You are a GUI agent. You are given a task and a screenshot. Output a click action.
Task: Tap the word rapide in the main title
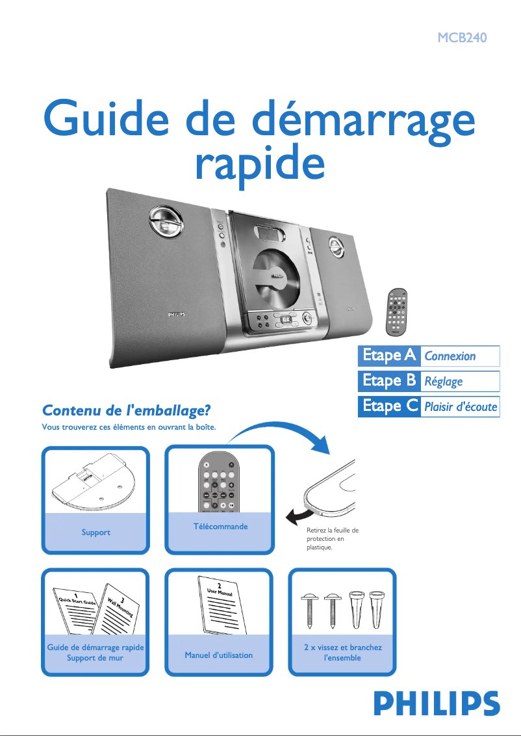tap(259, 164)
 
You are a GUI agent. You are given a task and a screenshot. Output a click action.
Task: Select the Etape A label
tap(388, 356)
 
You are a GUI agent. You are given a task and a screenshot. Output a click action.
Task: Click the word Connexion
tap(450, 356)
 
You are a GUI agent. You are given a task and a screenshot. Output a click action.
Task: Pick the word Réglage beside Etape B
tap(443, 382)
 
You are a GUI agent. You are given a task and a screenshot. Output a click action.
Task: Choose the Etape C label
tap(389, 407)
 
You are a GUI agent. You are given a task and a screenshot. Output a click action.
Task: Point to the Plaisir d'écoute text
tap(460, 408)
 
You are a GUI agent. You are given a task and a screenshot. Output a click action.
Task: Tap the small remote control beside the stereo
tap(397, 311)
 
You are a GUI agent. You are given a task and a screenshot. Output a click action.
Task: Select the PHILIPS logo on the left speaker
tap(172, 314)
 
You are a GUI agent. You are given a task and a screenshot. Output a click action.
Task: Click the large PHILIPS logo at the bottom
tap(436, 704)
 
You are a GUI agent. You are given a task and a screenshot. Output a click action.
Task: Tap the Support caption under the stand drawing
tap(95, 532)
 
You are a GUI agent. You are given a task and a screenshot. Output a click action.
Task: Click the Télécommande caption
tap(220, 526)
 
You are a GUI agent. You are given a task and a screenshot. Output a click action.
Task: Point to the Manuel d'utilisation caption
tap(218, 655)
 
